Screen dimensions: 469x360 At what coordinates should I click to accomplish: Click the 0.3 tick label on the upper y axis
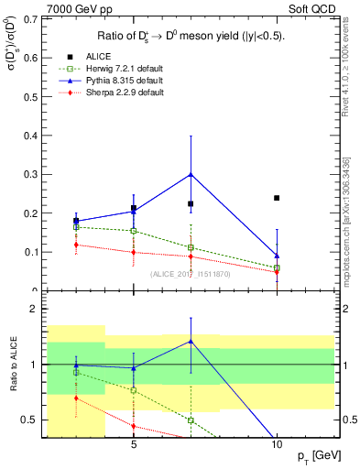coord(30,174)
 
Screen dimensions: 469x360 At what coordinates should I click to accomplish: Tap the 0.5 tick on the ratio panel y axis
coord(30,420)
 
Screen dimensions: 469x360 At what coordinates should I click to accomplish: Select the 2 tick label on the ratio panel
coord(34,309)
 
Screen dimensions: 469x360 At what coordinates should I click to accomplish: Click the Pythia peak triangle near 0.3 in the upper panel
coord(191,173)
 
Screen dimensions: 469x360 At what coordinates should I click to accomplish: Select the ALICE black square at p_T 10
coord(277,198)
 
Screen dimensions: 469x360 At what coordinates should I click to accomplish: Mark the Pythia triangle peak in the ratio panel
coord(191,341)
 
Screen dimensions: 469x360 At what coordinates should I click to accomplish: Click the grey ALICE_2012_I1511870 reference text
coord(190,273)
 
